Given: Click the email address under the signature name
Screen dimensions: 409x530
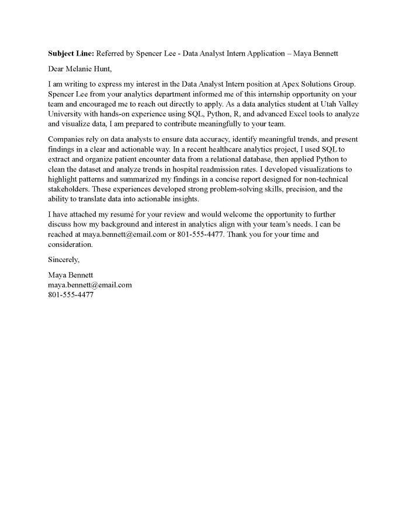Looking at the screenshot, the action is coord(89,285).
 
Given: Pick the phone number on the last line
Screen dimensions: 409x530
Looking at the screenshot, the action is coord(71,294).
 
